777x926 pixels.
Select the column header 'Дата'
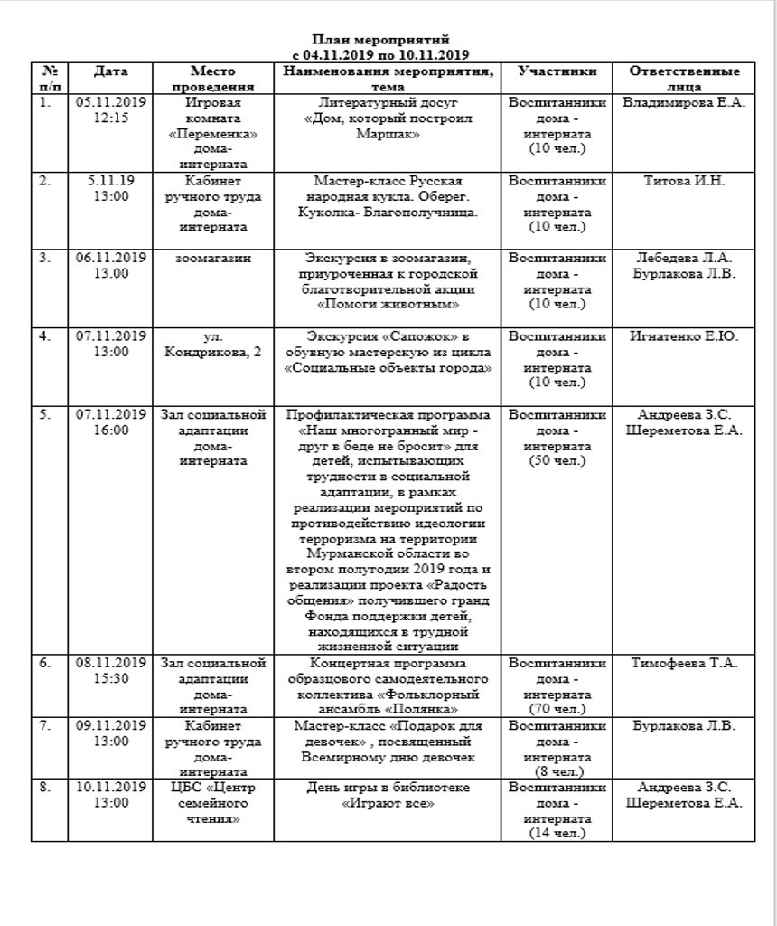110,71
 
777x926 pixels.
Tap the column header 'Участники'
557,71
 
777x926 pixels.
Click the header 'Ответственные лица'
684,79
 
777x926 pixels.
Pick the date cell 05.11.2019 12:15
111,110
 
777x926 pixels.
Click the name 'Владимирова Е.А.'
684,103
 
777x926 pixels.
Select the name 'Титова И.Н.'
684,181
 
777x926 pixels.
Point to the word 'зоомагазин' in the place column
213,259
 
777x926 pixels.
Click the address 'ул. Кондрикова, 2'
213,345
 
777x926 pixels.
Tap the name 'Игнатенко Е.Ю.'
684,337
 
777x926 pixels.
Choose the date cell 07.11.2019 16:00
111,422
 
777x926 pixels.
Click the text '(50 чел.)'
557,461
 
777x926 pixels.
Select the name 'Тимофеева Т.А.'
684,663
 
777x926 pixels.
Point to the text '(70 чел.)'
557,709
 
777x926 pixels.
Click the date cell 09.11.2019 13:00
111,733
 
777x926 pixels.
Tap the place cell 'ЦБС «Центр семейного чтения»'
213,803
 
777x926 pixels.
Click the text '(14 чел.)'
557,833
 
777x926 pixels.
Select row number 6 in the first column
44,663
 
